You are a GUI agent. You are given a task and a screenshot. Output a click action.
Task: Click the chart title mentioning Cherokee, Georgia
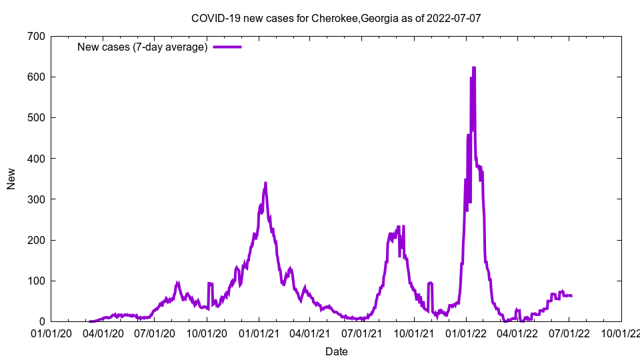[336, 18]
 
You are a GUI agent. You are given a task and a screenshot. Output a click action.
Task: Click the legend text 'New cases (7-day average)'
[143, 47]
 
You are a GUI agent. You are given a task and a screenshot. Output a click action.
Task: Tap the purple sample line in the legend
[227, 47]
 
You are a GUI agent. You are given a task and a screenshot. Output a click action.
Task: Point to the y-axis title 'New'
[11, 179]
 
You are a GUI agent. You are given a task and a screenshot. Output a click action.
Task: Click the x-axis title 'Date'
[336, 351]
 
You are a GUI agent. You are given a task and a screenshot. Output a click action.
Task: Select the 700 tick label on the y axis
[36, 36]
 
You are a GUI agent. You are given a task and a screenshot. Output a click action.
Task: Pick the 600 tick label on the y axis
[36, 77]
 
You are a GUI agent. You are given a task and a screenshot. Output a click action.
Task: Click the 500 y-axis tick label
[36, 117]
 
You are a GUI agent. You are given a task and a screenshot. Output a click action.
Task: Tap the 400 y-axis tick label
[36, 159]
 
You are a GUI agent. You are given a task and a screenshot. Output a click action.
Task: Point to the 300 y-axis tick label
[36, 199]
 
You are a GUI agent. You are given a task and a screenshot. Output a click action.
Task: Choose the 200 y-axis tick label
[36, 240]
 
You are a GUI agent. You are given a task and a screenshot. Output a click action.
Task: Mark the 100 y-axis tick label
[36, 281]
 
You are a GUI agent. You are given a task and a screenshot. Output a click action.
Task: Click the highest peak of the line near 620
[474, 67]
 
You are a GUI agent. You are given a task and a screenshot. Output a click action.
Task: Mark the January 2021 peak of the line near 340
[265, 183]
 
